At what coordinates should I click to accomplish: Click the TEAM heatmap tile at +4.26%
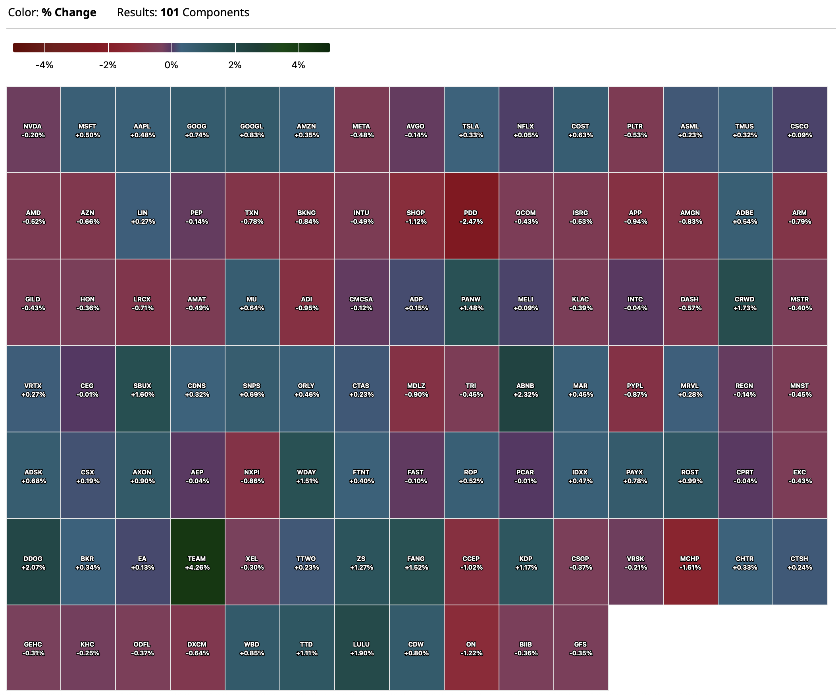coord(197,561)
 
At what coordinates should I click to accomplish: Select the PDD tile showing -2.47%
coord(471,216)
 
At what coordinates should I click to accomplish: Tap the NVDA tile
coord(33,130)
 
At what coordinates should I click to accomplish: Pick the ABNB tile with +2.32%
coord(526,389)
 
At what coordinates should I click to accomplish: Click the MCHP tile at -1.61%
coord(690,561)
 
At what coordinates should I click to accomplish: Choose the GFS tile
coord(581,648)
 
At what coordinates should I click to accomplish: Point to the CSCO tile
coord(800,130)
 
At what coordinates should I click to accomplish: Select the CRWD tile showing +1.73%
coord(745,302)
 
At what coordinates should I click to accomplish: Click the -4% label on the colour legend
coord(44,65)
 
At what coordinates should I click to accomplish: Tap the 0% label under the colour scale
coord(171,65)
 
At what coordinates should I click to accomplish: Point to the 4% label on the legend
coord(298,65)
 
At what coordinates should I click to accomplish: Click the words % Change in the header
coord(69,12)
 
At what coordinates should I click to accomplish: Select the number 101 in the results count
coord(170,12)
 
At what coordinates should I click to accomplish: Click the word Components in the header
coord(216,12)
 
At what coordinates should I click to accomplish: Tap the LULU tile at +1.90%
coord(362,648)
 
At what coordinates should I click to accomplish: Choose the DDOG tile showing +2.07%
coord(33,561)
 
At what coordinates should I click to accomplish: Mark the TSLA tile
coord(471,130)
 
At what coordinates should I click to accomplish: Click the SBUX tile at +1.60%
coord(143,389)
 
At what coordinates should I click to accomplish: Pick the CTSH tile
coord(800,561)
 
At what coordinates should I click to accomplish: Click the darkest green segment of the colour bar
coord(314,48)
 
